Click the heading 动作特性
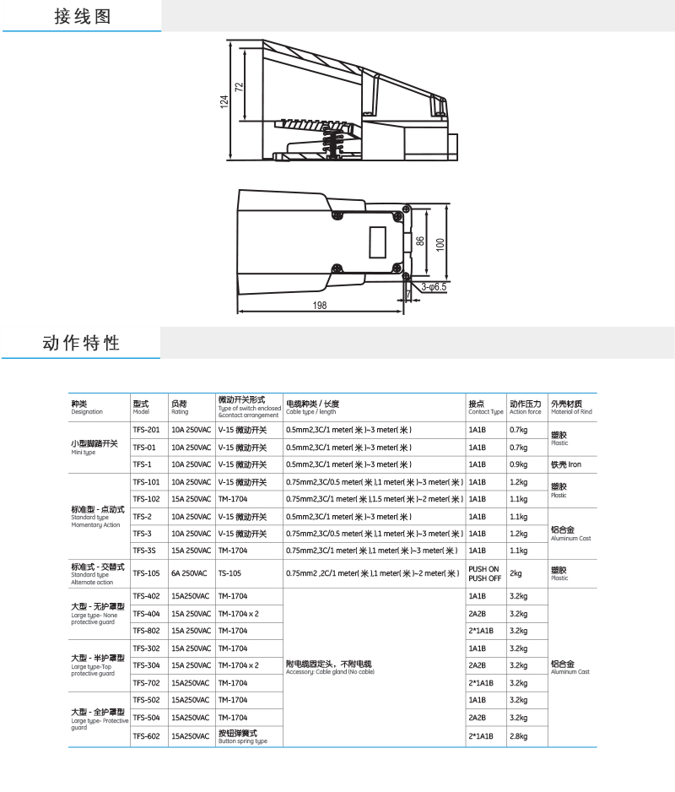tap(81, 343)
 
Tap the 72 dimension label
tap(239, 86)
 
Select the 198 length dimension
tap(319, 306)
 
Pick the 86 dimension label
tap(420, 242)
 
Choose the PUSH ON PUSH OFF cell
tap(484, 573)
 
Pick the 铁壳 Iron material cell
tap(566, 464)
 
